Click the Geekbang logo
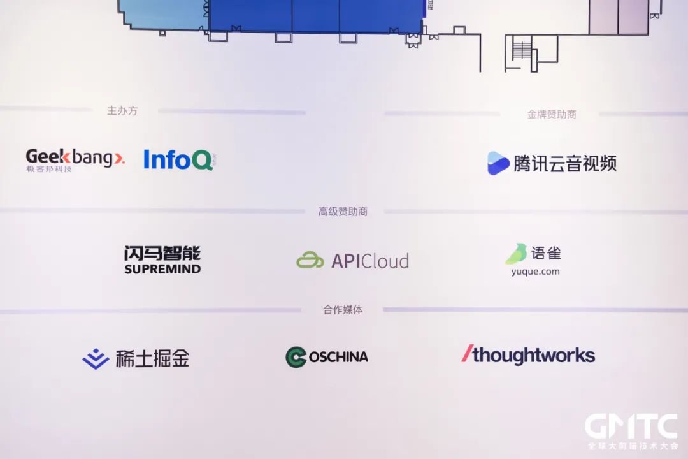click(x=75, y=159)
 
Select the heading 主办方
click(x=122, y=111)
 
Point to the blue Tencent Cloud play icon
click(x=498, y=163)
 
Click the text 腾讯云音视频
click(x=565, y=163)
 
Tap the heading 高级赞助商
click(x=343, y=212)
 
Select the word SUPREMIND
click(x=162, y=270)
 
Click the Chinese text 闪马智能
click(x=162, y=254)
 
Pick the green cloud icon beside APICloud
click(x=310, y=261)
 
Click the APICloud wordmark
click(x=370, y=261)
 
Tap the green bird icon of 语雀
click(x=516, y=254)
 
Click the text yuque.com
click(x=535, y=272)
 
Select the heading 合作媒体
click(x=343, y=310)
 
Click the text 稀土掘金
click(x=152, y=358)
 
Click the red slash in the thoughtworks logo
click(x=467, y=354)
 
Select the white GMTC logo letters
click(x=631, y=426)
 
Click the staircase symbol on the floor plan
click(x=522, y=50)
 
